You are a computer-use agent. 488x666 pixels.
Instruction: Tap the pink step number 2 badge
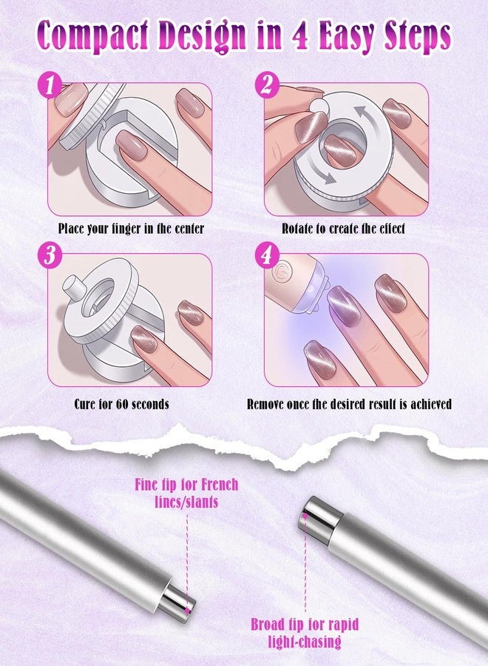tap(266, 85)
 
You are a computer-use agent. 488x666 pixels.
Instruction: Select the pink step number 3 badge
tap(50, 256)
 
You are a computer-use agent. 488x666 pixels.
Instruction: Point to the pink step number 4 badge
tap(266, 256)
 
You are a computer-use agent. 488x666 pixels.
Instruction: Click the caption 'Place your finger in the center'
tap(131, 229)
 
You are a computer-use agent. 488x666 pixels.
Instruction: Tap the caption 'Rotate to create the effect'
tap(343, 229)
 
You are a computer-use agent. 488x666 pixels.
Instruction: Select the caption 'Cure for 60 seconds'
tap(122, 403)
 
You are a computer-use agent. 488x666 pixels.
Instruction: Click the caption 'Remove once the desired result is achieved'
tap(349, 403)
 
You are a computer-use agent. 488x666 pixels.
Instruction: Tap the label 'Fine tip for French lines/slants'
tap(187, 493)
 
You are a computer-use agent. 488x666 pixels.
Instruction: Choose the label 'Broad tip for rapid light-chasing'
tap(305, 633)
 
